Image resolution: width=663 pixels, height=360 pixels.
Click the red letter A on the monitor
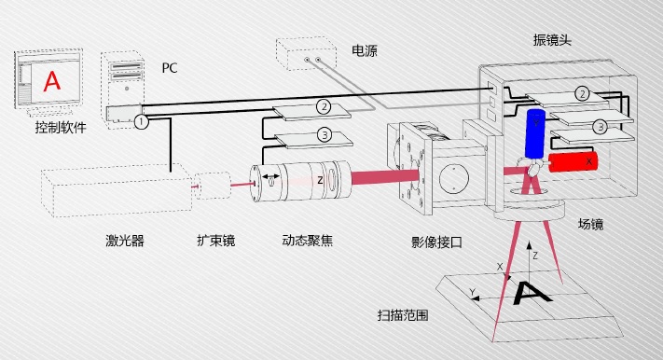(x=52, y=81)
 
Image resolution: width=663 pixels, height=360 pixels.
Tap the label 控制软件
(x=61, y=127)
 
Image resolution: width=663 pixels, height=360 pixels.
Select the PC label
(x=169, y=68)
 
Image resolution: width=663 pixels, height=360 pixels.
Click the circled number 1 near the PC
(x=141, y=122)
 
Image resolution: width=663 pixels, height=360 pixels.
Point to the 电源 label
(x=364, y=50)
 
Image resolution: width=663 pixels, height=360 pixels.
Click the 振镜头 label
(x=552, y=40)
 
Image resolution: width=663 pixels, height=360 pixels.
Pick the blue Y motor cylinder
(x=535, y=133)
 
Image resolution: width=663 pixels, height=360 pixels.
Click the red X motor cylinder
(x=573, y=161)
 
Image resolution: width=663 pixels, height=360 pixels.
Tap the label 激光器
(x=125, y=241)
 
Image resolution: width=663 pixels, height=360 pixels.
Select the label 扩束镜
(x=215, y=241)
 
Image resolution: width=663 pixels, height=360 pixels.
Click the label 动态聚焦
(x=308, y=241)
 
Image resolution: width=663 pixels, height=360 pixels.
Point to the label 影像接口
(x=436, y=242)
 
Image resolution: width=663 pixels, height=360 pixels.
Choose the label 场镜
(x=590, y=224)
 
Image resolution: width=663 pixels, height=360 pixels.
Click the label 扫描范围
(x=403, y=315)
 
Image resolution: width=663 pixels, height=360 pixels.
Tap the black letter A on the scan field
(x=532, y=293)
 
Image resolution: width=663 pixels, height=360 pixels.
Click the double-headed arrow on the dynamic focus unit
(x=270, y=176)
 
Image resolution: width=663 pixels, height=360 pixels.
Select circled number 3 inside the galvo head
(x=600, y=126)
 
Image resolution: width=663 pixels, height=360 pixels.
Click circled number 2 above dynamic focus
(x=324, y=106)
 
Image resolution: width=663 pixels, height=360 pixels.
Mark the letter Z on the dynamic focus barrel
(x=320, y=181)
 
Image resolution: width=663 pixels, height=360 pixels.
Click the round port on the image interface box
(x=454, y=178)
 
